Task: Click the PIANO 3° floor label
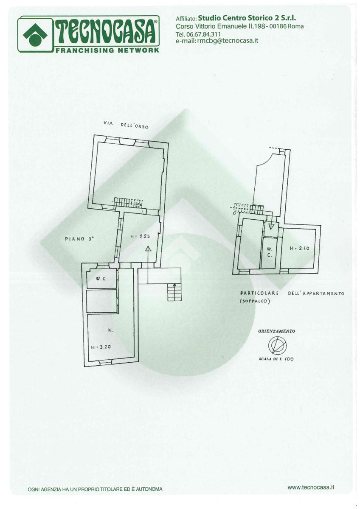click(x=79, y=239)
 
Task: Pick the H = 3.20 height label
click(x=101, y=347)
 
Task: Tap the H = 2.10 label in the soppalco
click(x=299, y=248)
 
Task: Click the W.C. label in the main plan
click(x=100, y=279)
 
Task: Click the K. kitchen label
click(x=110, y=330)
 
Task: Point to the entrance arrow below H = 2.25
click(x=148, y=250)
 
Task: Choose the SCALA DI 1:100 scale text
click(x=276, y=359)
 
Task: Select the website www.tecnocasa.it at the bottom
click(x=311, y=487)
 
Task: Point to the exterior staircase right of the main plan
click(x=174, y=291)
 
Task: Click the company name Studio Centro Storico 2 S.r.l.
click(x=247, y=18)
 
